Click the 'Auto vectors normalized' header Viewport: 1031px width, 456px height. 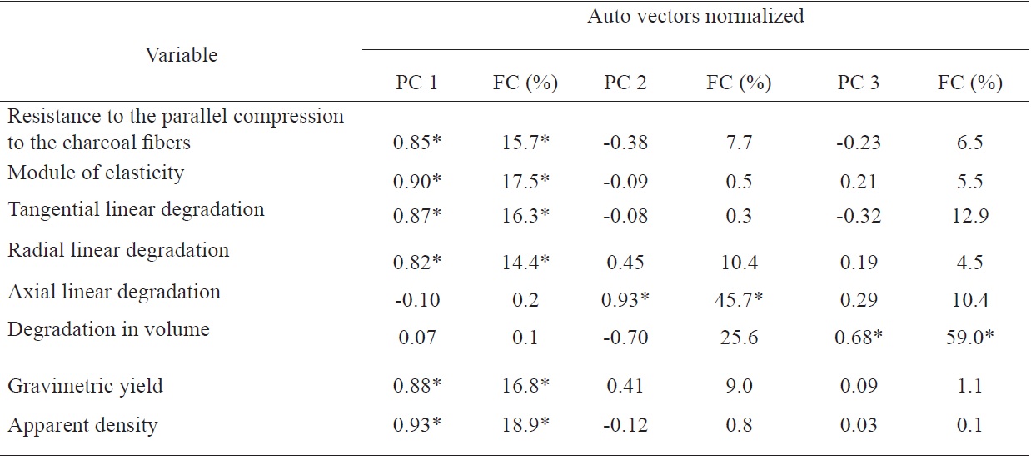[695, 16]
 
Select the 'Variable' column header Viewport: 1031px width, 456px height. [181, 55]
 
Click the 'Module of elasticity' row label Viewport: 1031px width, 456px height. [96, 173]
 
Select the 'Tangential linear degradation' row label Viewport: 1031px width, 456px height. [136, 208]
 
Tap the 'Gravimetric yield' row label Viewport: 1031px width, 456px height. [85, 385]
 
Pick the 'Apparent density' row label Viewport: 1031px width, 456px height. [82, 425]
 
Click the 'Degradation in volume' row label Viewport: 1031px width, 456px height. [108, 329]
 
